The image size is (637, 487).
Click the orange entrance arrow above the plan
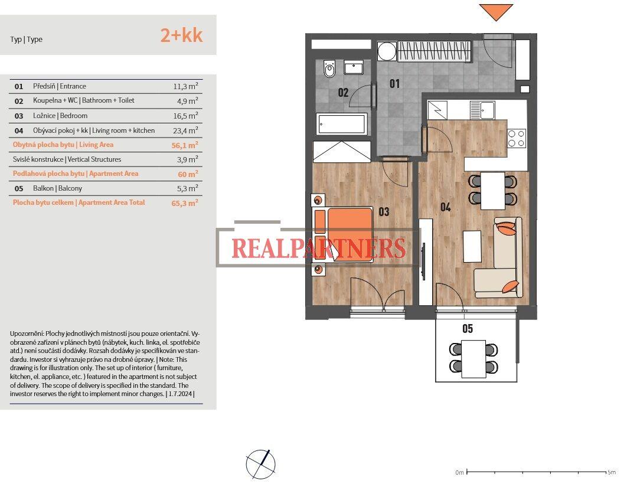pyautogui.click(x=495, y=12)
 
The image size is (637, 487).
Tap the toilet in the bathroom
pyautogui.click(x=329, y=69)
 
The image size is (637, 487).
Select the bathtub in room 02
pyautogui.click(x=342, y=125)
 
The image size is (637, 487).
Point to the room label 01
pyautogui.click(x=394, y=84)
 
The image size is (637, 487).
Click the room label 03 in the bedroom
pyautogui.click(x=384, y=211)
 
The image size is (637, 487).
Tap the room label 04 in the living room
pyautogui.click(x=445, y=207)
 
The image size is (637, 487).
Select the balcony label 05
pyautogui.click(x=467, y=329)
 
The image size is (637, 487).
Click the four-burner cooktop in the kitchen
pyautogui.click(x=517, y=138)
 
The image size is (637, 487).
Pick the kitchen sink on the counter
pyautogui.click(x=481, y=110)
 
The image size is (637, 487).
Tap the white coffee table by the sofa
pyautogui.click(x=472, y=246)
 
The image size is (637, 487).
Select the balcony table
pyautogui.click(x=473, y=358)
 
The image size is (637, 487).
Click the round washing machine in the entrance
pyautogui.click(x=387, y=51)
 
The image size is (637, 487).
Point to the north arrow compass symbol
pyautogui.click(x=260, y=463)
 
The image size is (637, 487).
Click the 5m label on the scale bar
pyautogui.click(x=611, y=472)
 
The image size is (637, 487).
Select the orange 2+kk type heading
pyautogui.click(x=181, y=35)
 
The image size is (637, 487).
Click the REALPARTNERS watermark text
pyautogui.click(x=318, y=249)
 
